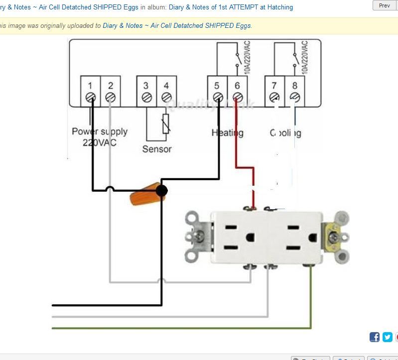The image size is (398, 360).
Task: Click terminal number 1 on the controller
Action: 91,91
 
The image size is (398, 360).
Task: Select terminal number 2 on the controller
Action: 111,91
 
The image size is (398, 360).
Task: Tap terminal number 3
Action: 146,91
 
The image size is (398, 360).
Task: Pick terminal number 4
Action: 166,91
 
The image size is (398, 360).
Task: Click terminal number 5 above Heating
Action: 217,91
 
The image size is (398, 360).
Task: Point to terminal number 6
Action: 238,91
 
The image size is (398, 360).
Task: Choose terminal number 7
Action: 274,91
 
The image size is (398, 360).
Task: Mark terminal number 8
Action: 295,91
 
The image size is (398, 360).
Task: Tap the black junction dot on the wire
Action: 161,190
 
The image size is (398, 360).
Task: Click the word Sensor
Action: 157,149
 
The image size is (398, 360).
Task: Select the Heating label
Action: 227,132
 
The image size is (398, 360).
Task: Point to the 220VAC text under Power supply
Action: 99,142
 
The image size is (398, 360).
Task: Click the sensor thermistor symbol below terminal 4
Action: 166,124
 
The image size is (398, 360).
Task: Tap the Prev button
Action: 385,5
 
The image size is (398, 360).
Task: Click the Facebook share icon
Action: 375,337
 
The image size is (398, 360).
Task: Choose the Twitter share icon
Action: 388,337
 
